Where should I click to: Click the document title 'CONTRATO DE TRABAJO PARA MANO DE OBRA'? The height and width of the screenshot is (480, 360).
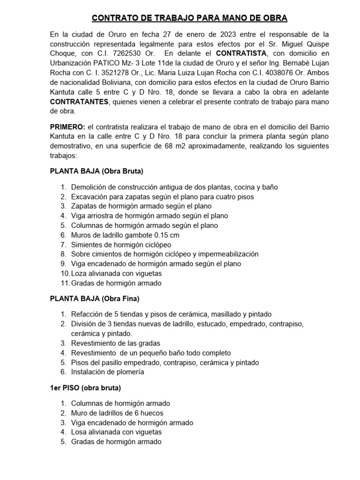[189, 18]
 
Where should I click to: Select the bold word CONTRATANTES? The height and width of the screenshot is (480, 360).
[79, 102]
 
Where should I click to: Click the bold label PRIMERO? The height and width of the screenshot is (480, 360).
[71, 127]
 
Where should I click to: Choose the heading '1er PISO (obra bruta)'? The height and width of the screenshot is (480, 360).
[85, 388]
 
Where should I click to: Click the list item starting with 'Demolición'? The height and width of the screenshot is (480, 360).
[174, 187]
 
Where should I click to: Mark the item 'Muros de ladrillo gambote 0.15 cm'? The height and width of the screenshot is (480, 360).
[125, 235]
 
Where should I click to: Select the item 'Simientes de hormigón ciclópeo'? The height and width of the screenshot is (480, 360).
[121, 244]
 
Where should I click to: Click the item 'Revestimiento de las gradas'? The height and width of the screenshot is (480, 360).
[115, 343]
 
